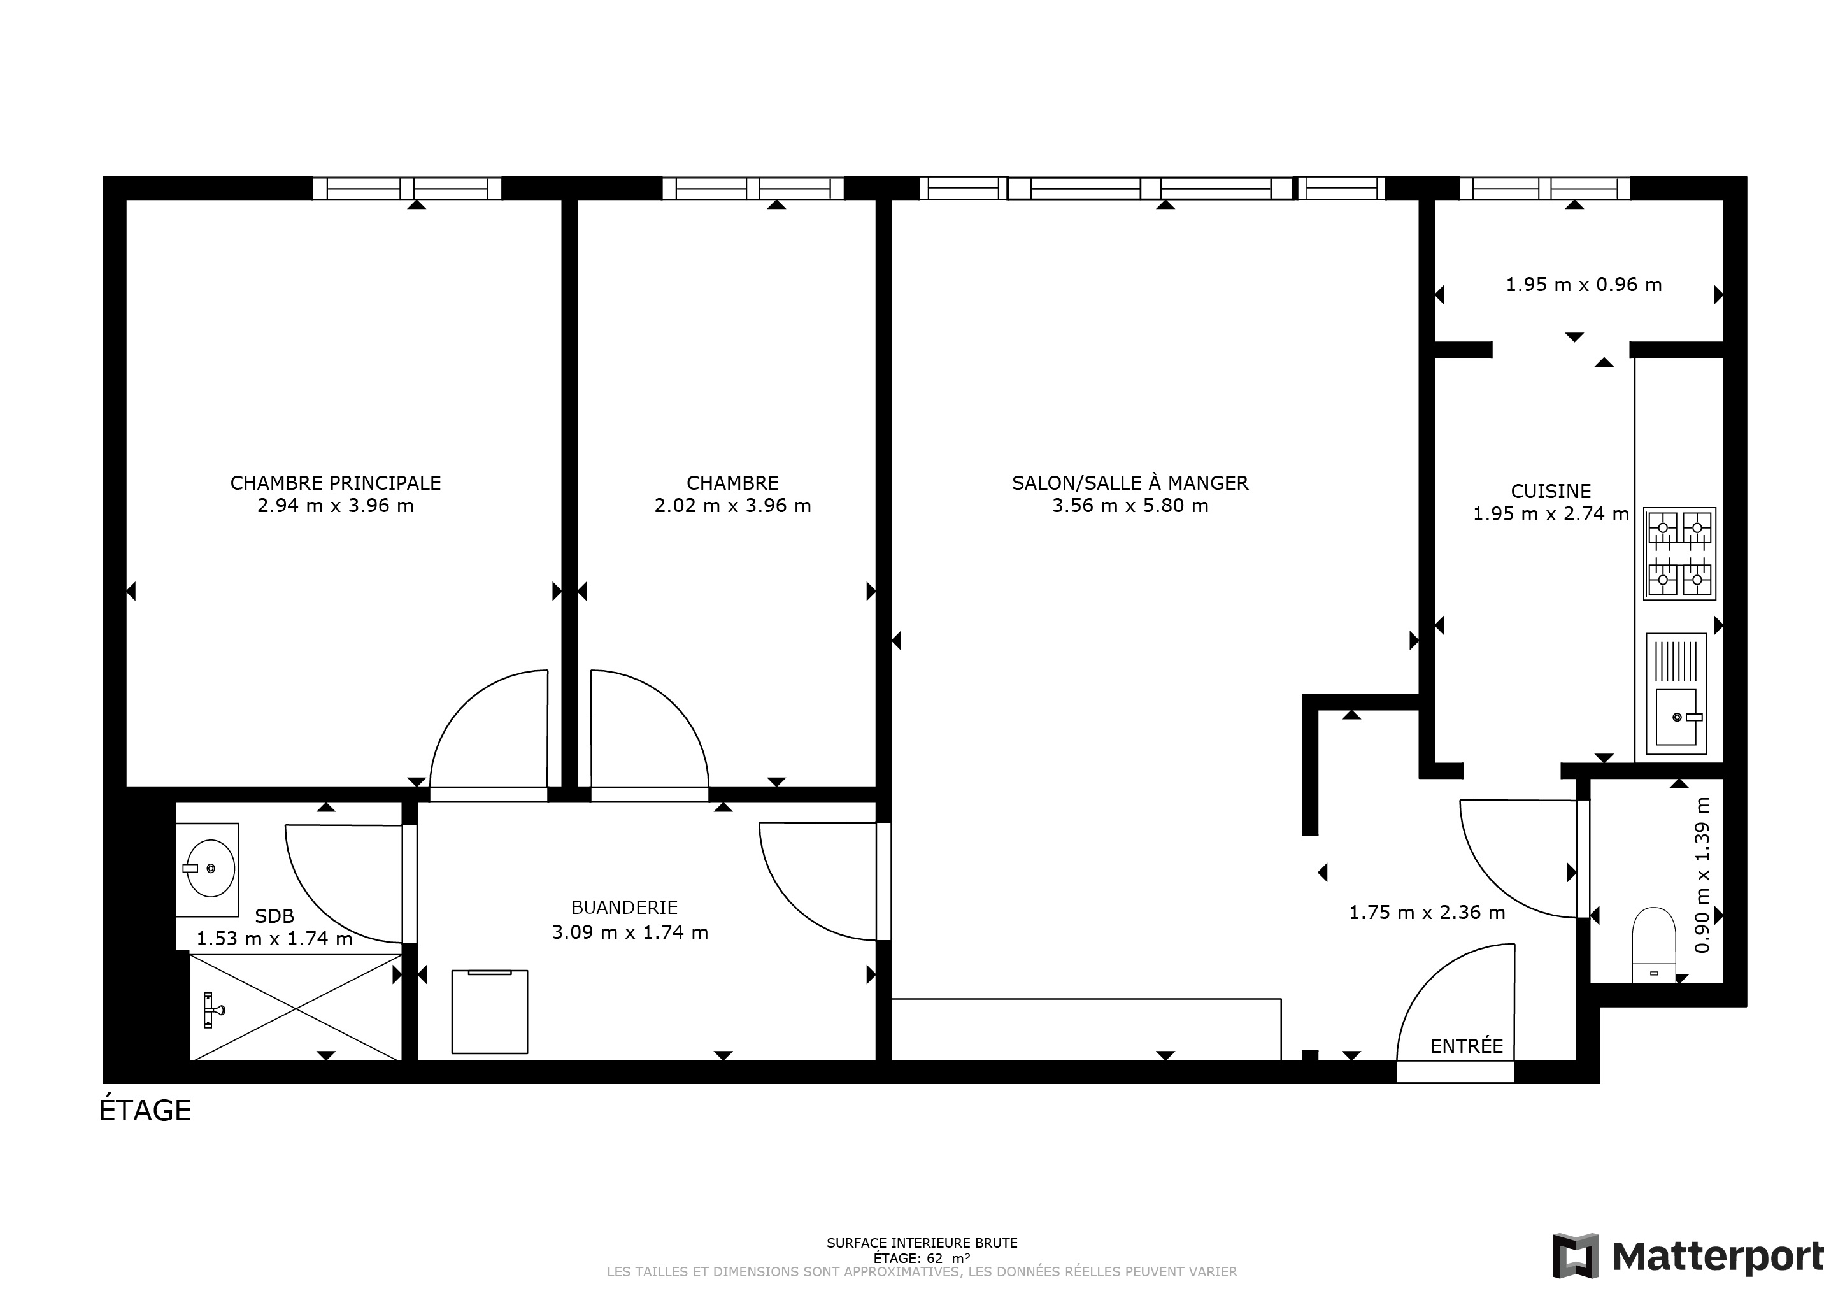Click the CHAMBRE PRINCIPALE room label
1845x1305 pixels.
[335, 483]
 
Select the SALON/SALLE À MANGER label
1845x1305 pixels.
[1130, 482]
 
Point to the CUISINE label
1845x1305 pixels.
[1551, 491]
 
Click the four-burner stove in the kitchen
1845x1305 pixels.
[1679, 553]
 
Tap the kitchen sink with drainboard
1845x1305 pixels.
[1676, 694]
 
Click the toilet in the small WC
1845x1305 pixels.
[1654, 944]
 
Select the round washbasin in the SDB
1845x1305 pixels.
[211, 869]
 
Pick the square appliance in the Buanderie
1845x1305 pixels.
[489, 1011]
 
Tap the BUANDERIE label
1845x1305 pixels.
[624, 907]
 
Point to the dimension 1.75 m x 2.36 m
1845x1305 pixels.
[1427, 912]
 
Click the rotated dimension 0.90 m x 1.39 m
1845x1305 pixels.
[1701, 875]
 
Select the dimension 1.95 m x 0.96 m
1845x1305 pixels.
[1583, 285]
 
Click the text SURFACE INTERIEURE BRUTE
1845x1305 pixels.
[922, 1243]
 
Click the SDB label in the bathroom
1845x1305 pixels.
[275, 916]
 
